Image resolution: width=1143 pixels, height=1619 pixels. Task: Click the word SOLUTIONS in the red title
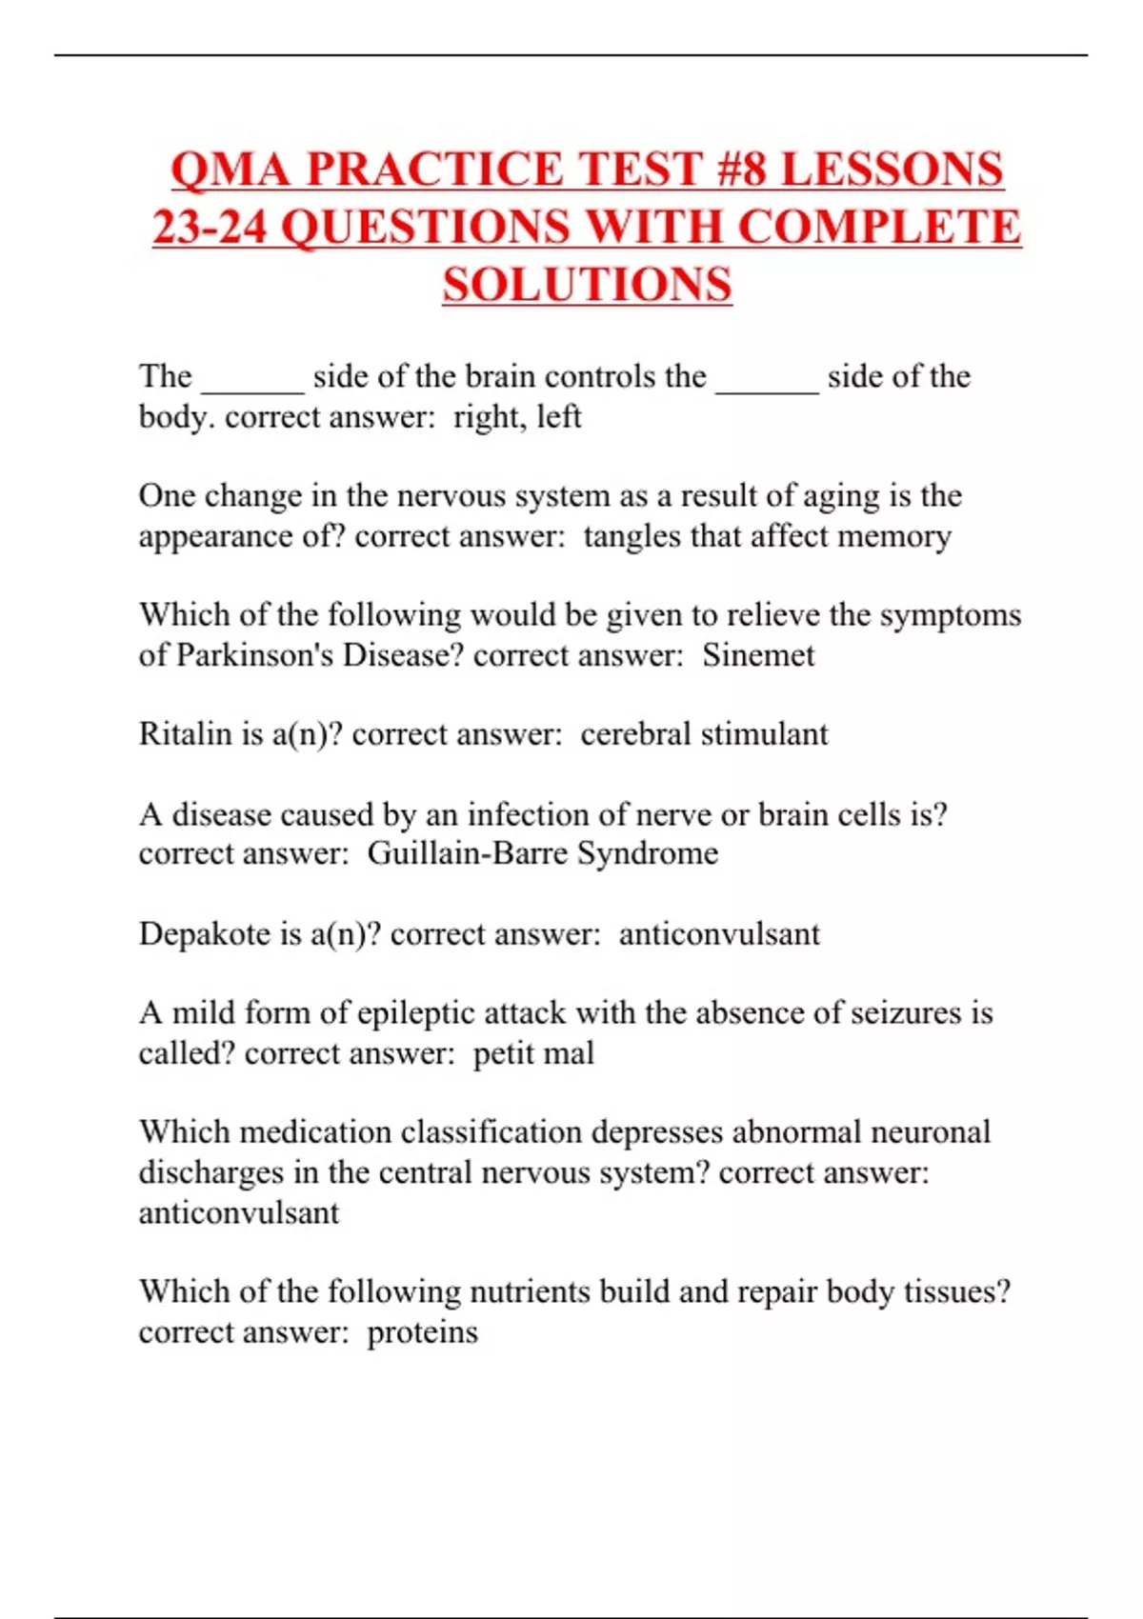587,285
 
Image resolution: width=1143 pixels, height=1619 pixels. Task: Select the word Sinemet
758,655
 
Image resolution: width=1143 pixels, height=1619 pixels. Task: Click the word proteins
422,1331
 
